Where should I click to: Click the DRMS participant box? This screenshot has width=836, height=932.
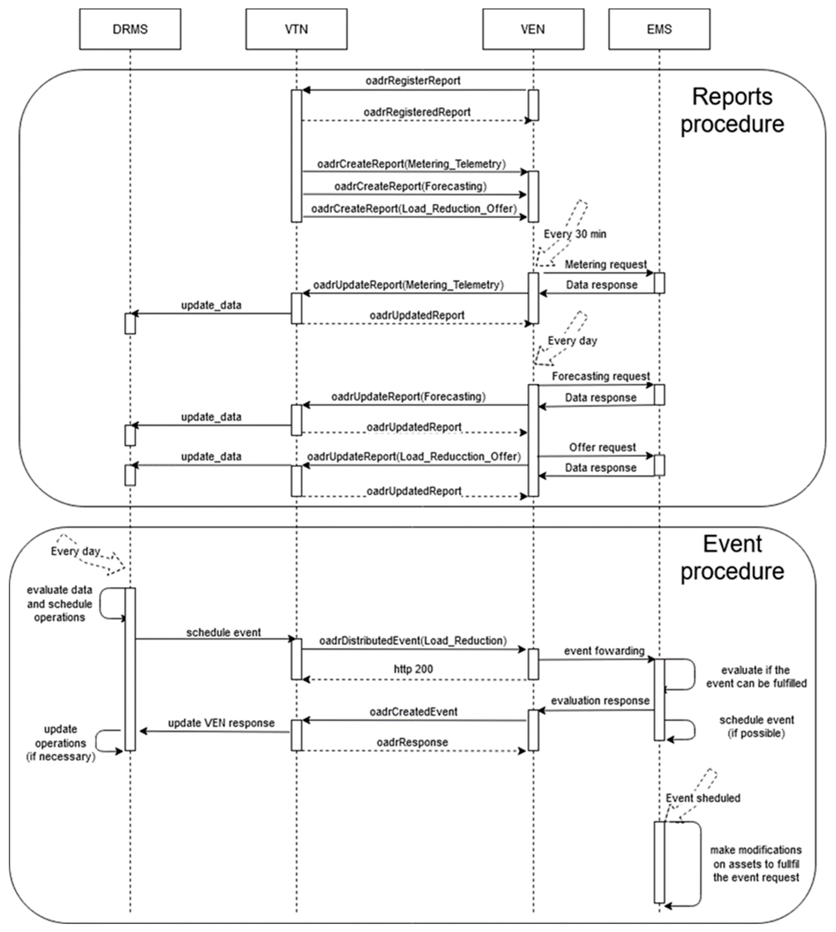click(x=130, y=29)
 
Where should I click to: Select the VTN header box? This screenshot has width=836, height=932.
click(x=296, y=29)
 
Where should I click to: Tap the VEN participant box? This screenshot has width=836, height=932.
click(x=533, y=29)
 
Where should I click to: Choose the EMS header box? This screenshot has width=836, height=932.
click(x=659, y=29)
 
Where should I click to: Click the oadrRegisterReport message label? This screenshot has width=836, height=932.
click(x=413, y=81)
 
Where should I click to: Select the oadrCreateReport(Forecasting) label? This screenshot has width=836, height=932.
click(x=410, y=186)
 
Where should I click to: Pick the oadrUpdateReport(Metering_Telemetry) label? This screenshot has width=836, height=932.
click(x=408, y=285)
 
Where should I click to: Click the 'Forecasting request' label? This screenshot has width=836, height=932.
click(x=601, y=376)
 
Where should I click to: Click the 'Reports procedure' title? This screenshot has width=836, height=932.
click(x=732, y=110)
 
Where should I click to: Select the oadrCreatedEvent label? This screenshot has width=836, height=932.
click(x=413, y=712)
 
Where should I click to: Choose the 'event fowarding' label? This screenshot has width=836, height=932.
click(x=604, y=651)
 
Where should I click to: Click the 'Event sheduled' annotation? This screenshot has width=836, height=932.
click(x=703, y=798)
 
